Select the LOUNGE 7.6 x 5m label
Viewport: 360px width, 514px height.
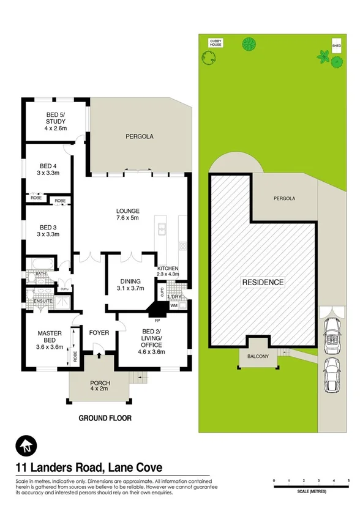click(x=129, y=217)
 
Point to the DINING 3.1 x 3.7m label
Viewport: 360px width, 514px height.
click(x=130, y=285)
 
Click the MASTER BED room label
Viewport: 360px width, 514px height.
click(x=47, y=337)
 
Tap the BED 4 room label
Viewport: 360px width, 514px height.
click(x=48, y=169)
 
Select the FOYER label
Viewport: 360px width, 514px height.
click(x=99, y=333)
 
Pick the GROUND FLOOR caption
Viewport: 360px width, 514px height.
click(x=105, y=419)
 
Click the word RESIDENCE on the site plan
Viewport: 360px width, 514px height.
click(x=263, y=282)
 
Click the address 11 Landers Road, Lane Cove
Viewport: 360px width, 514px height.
click(x=88, y=467)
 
